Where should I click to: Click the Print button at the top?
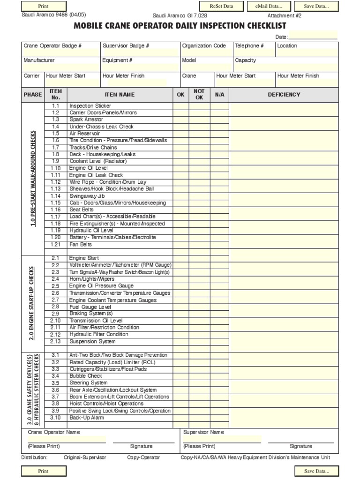tap(43, 6)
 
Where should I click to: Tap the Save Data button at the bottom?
tap(316, 471)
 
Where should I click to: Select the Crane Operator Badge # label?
tap(53, 46)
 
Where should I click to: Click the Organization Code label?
tap(204, 46)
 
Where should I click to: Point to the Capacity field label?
tap(245, 60)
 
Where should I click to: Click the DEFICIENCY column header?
tap(284, 95)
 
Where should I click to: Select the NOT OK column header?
tap(199, 95)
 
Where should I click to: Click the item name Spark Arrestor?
tap(86, 120)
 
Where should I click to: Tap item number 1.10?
tap(56, 168)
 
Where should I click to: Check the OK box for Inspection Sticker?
tap(181, 106)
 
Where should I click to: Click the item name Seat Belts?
tap(82, 210)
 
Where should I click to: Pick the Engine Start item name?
tap(84, 258)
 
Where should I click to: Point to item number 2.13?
tap(56, 341)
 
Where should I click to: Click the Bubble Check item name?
tap(85, 376)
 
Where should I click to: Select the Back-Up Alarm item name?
tap(87, 417)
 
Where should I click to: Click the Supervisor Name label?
tap(203, 432)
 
